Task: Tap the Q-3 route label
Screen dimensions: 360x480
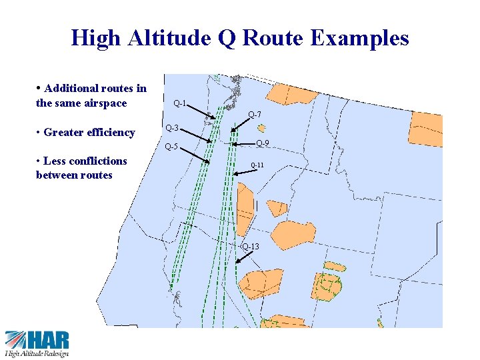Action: pyautogui.click(x=171, y=127)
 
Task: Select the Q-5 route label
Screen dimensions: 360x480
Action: pyautogui.click(x=171, y=147)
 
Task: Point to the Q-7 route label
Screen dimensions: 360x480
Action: pyautogui.click(x=254, y=115)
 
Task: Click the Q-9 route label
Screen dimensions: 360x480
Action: pyautogui.click(x=263, y=143)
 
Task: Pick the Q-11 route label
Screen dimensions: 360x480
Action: pyautogui.click(x=257, y=165)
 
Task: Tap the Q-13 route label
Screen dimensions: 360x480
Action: pyautogui.click(x=251, y=247)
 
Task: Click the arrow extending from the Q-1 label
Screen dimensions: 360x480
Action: pyautogui.click(x=203, y=113)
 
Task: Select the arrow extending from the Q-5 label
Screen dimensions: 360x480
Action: pyautogui.click(x=194, y=155)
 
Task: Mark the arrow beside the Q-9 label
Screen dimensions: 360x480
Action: pyautogui.click(x=243, y=143)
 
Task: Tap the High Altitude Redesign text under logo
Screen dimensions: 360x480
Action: pyautogui.click(x=37, y=353)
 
